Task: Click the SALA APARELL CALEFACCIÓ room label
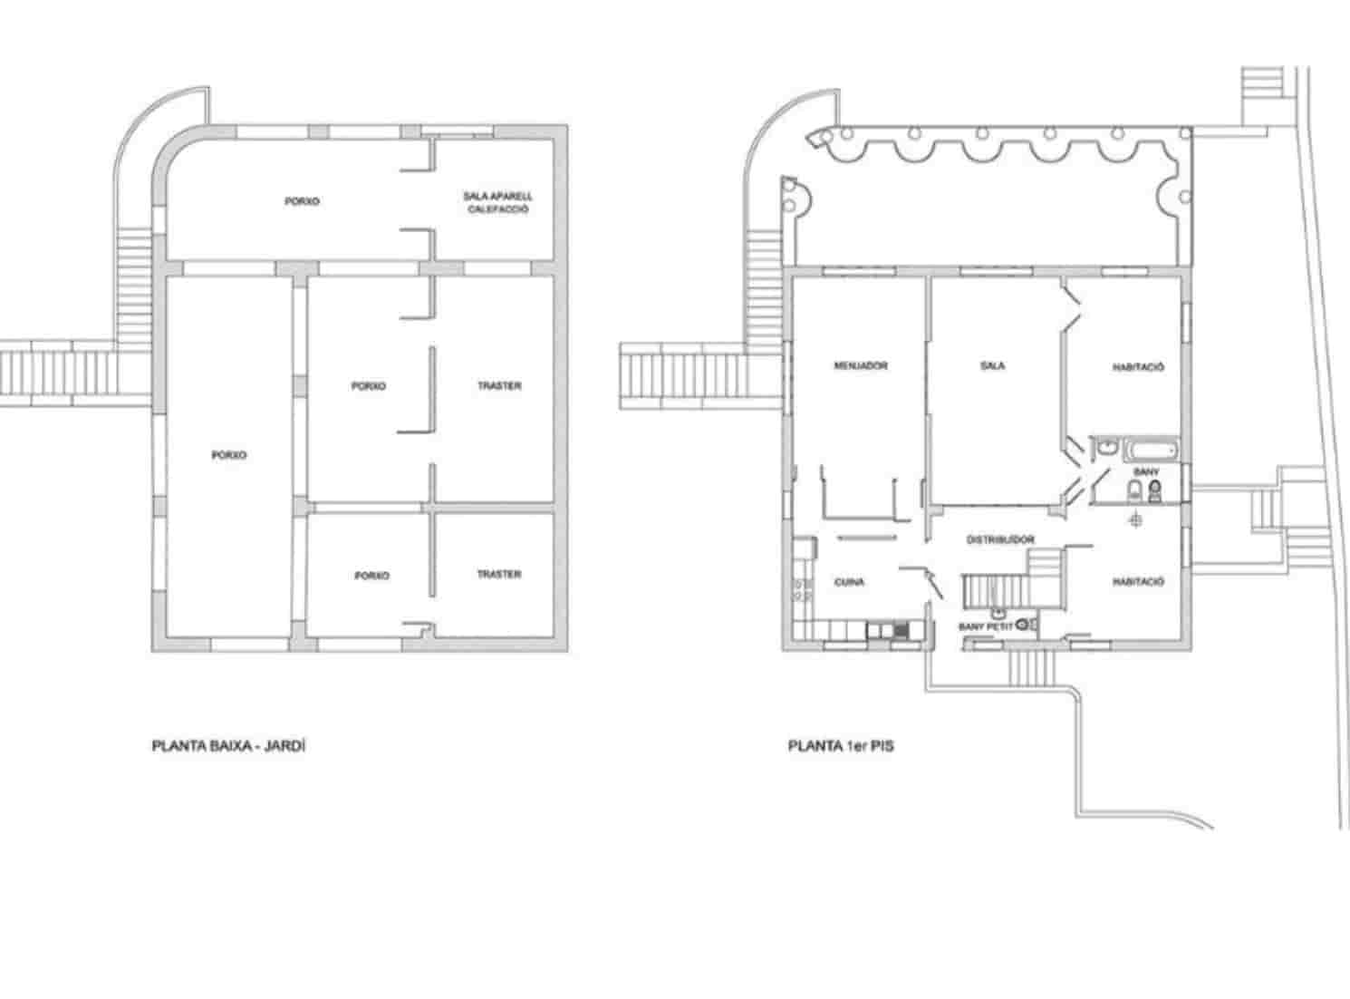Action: [x=497, y=202]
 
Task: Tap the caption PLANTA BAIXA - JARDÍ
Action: [x=223, y=748]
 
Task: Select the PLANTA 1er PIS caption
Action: [x=841, y=748]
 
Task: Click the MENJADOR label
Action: [x=860, y=366]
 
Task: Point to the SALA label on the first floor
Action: [x=992, y=366]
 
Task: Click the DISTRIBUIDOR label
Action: [x=1000, y=539]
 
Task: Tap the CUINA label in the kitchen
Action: [x=849, y=582]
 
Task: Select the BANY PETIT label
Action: [x=986, y=626]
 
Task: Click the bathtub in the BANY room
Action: [x=1152, y=450]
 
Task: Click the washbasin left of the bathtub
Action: [x=1108, y=448]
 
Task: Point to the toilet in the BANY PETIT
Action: [x=1024, y=625]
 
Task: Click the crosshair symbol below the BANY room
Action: [x=1136, y=519]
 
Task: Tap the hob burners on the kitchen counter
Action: [x=802, y=590]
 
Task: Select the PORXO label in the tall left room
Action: [x=228, y=455]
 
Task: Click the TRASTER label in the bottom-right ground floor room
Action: [x=498, y=575]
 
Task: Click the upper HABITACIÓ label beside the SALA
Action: [x=1138, y=367]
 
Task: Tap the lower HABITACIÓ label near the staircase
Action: [x=1138, y=582]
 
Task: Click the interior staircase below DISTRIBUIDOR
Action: [x=995, y=590]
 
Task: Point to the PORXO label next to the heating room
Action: [x=302, y=201]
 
